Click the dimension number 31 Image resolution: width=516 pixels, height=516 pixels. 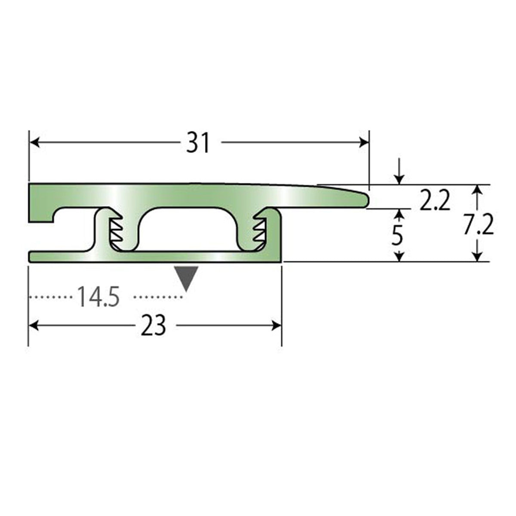198,143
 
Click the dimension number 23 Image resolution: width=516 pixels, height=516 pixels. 153,326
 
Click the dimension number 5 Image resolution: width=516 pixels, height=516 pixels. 397,235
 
